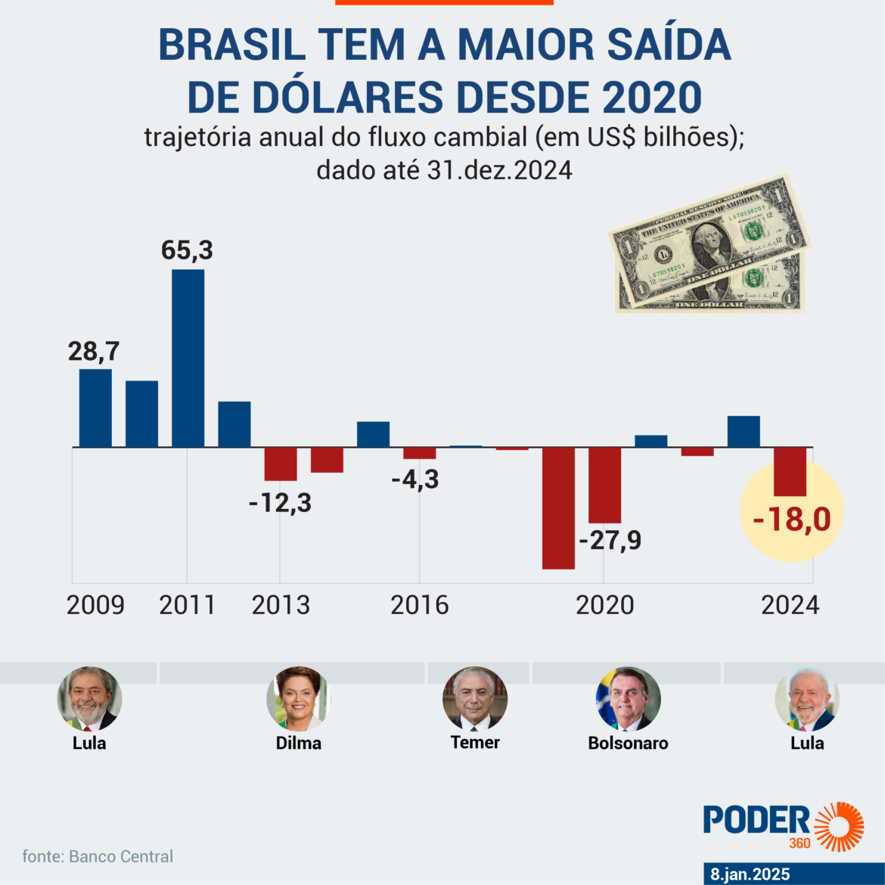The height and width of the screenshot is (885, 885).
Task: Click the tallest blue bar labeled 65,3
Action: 188,358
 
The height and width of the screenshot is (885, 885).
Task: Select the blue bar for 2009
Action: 95,408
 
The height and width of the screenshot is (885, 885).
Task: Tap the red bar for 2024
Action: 790,471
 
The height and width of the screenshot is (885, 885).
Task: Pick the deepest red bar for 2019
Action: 558,508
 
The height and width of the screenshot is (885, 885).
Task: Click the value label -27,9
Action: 610,540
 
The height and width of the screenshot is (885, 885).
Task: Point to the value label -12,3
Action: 280,502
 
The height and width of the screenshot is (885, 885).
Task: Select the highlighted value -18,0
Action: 791,520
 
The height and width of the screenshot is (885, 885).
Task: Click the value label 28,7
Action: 94,351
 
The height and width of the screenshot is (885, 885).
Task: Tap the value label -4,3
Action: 415,479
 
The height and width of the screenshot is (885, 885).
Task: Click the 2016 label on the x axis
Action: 419,605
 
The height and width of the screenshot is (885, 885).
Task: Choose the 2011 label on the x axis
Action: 187,605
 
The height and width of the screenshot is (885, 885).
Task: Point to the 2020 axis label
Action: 604,605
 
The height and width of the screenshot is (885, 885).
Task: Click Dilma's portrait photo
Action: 298,698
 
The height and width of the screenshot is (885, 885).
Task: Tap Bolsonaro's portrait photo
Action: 628,698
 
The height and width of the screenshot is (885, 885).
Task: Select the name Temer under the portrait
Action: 475,742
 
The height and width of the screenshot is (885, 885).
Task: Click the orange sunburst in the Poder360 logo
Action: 839,826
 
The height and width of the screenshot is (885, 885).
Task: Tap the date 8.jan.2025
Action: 750,874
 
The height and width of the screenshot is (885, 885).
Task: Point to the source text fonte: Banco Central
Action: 98,856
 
